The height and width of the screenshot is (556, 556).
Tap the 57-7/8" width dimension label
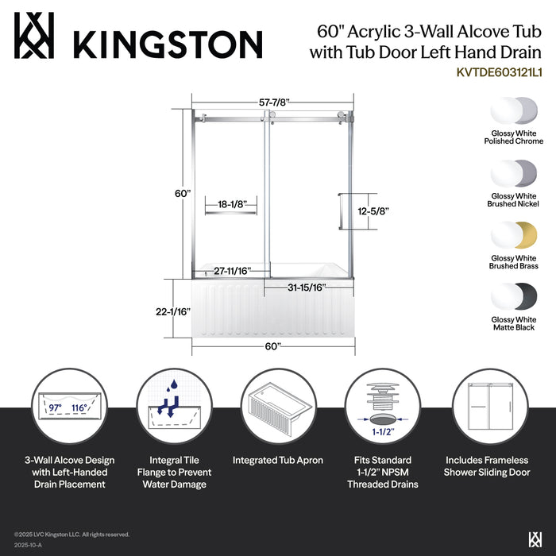pos(269,102)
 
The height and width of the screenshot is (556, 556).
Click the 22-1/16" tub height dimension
pos(173,312)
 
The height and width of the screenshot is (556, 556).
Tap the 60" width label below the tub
pos(273,346)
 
